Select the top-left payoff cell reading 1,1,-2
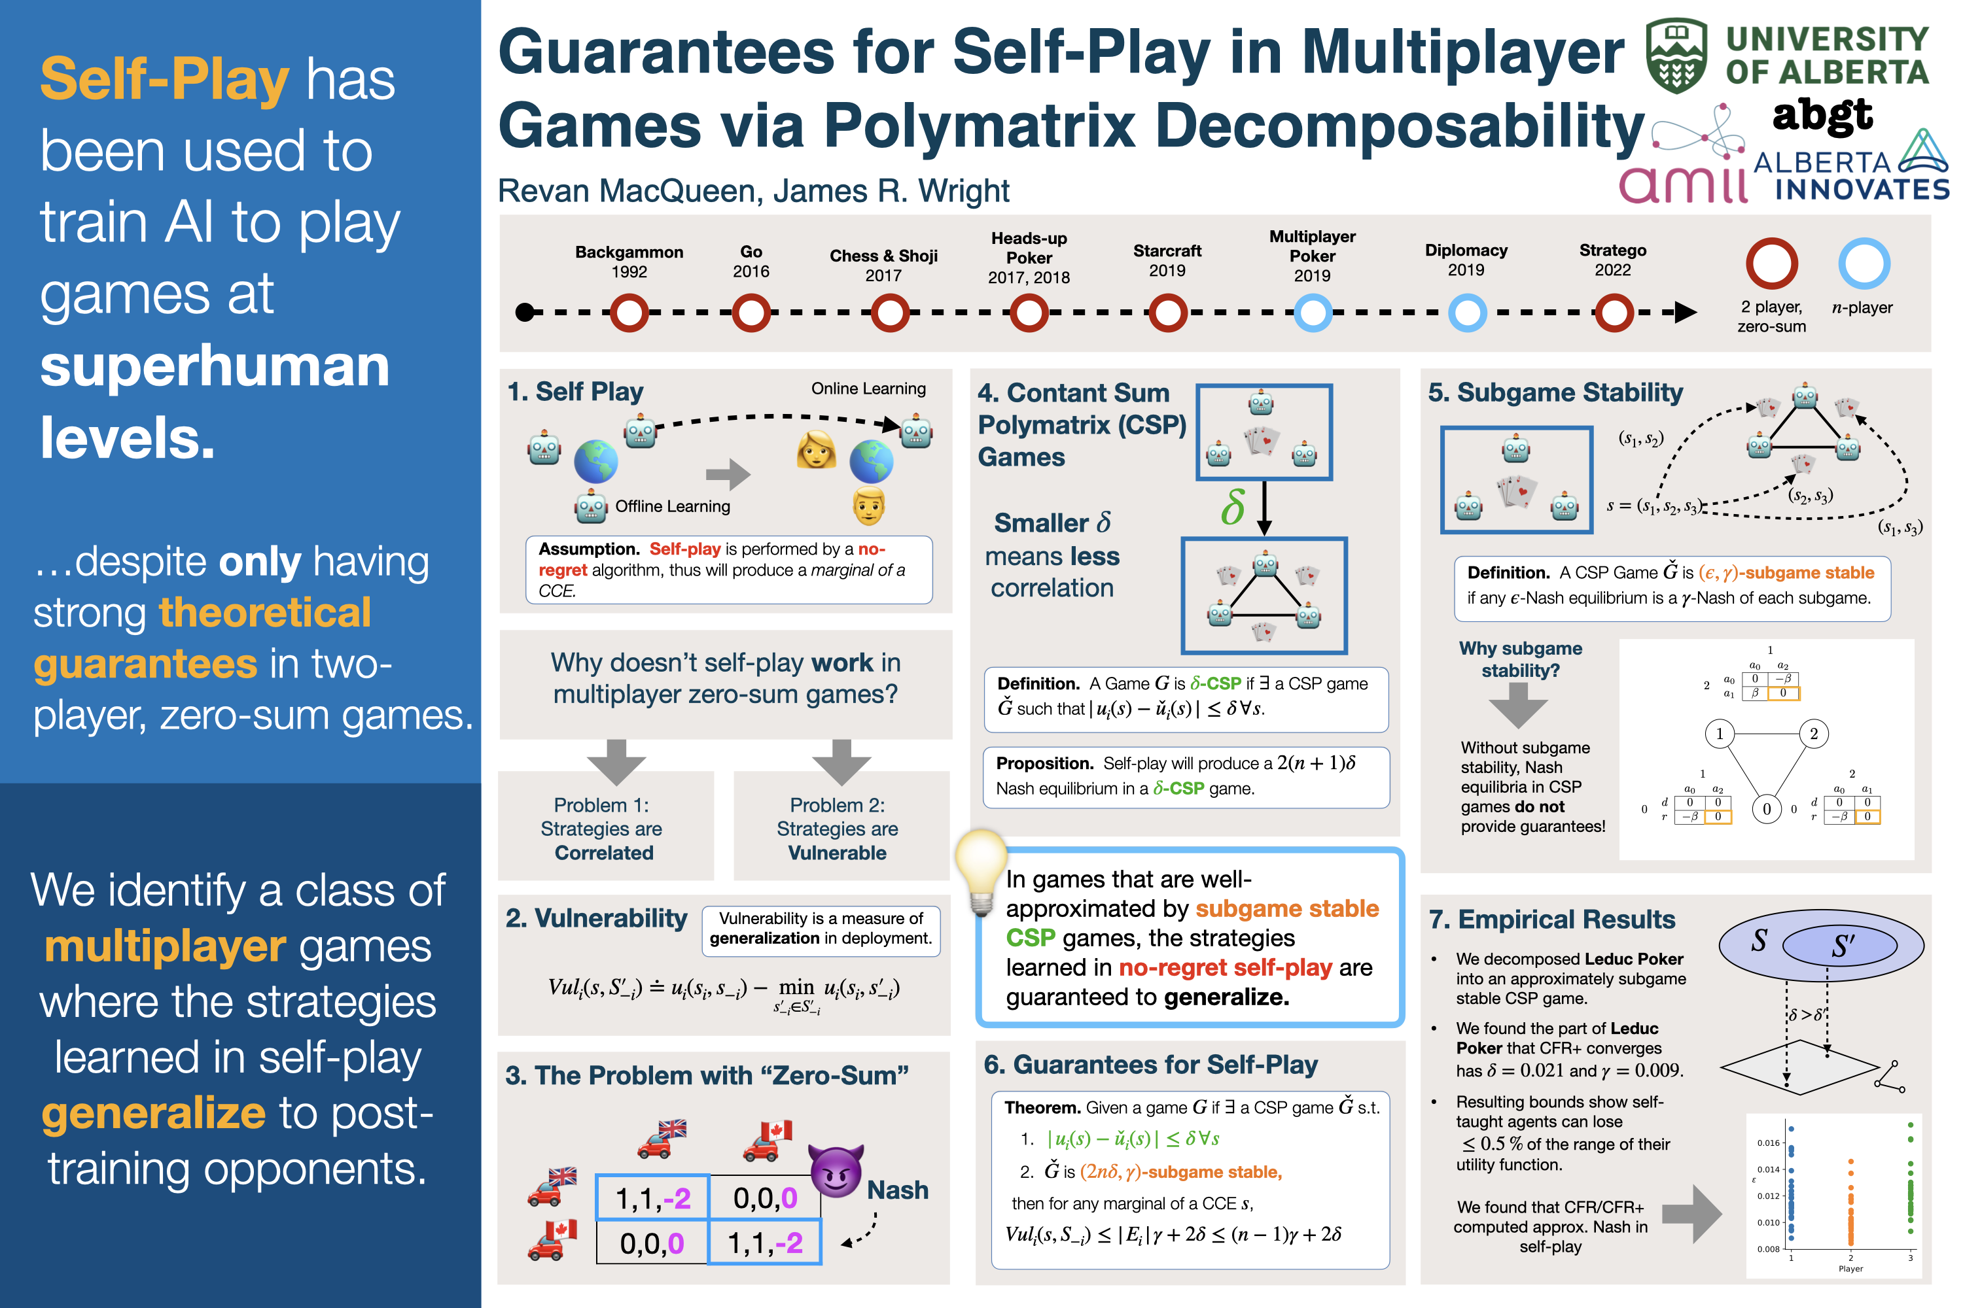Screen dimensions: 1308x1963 pos(652,1198)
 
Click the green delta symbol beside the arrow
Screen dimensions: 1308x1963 pos(1233,506)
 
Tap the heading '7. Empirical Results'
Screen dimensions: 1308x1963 pos(1551,920)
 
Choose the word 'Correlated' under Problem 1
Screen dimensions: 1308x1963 pos(603,853)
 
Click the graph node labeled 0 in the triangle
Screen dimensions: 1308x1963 pos(1766,808)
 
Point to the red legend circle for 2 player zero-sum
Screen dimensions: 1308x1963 pos(1771,264)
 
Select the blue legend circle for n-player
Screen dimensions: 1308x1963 pos(1864,264)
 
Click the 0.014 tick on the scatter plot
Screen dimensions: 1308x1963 pos(1769,1169)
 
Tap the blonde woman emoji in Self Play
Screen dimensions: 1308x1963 pos(815,450)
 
